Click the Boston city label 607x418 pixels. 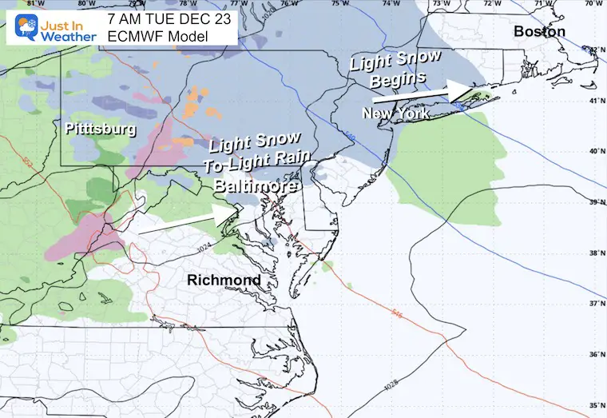click(x=540, y=31)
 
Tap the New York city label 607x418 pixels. click(x=396, y=114)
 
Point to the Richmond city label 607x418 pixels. click(x=224, y=281)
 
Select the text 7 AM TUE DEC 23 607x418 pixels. click(x=169, y=16)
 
